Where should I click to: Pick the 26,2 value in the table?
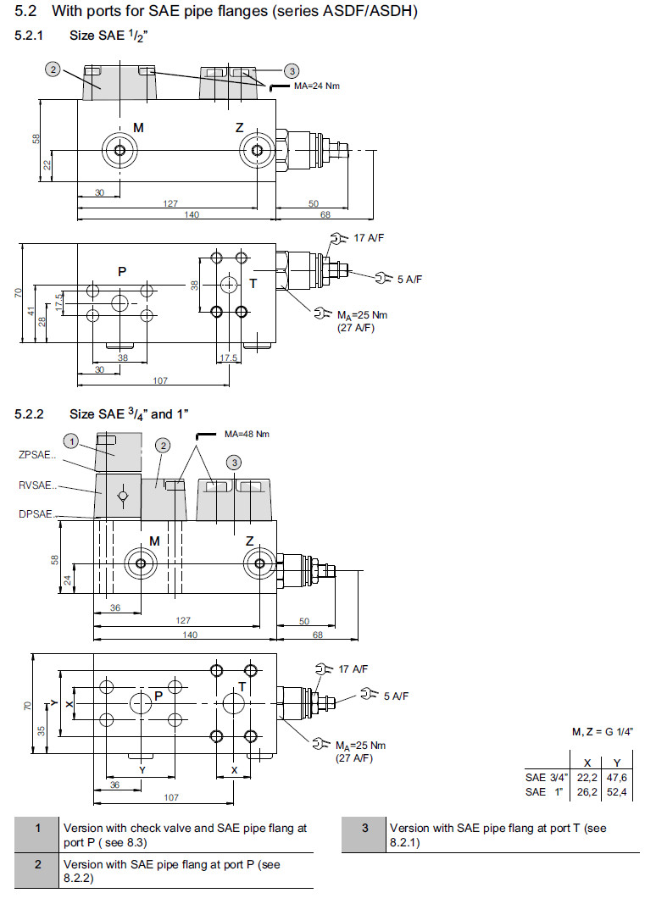click(587, 791)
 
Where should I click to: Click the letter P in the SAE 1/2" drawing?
click(122, 272)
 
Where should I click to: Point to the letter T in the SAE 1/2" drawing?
click(253, 282)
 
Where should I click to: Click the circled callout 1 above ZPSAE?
click(73, 441)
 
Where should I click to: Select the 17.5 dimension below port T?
click(229, 358)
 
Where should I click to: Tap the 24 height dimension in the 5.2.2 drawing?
click(67, 581)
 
